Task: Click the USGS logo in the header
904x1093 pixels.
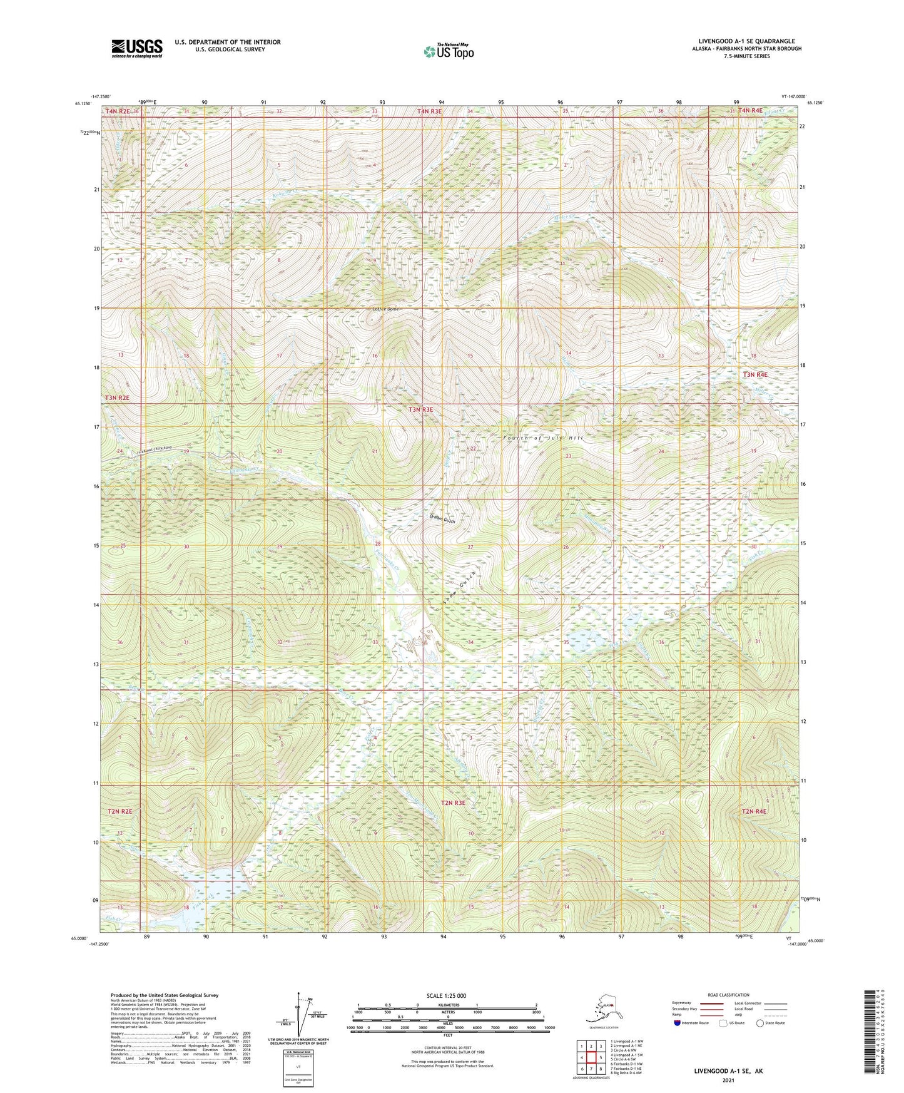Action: click(x=136, y=48)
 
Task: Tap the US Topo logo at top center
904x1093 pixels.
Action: click(x=448, y=51)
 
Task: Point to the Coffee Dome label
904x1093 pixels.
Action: click(x=385, y=309)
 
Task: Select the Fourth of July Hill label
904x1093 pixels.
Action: click(x=543, y=438)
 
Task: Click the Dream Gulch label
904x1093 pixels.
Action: click(x=442, y=519)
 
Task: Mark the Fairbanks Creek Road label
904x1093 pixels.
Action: click(x=155, y=453)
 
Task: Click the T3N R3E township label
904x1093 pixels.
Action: click(x=421, y=410)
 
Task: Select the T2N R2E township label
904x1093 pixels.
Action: click(x=119, y=811)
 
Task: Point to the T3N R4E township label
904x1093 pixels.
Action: click(x=754, y=374)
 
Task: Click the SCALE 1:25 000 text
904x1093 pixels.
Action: click(x=446, y=996)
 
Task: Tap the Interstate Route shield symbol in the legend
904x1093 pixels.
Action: click(x=676, y=1024)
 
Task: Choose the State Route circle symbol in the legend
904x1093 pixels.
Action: click(x=760, y=1024)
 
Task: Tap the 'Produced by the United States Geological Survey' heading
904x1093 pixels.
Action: click(x=165, y=995)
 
